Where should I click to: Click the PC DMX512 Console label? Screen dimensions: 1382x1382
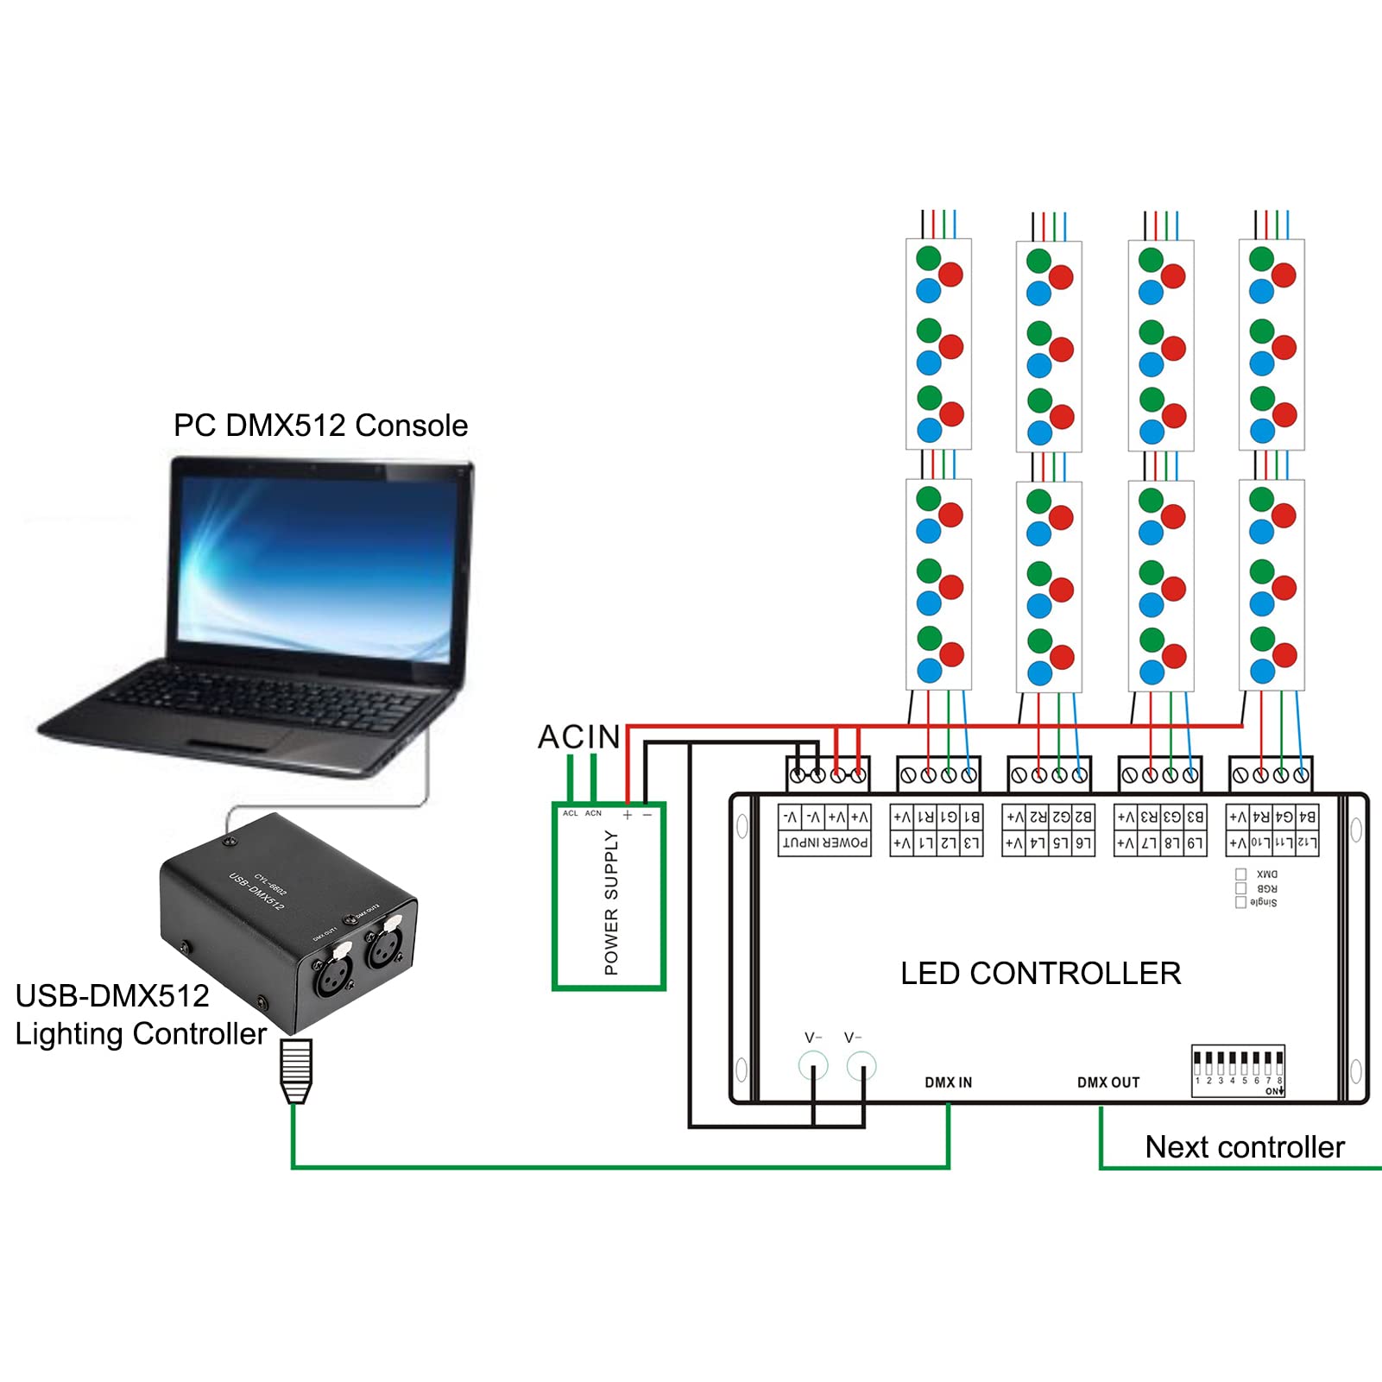pyautogui.click(x=320, y=426)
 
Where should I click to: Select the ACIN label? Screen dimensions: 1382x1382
pyautogui.click(x=578, y=736)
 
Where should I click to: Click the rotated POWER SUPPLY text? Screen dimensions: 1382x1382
pyautogui.click(x=611, y=902)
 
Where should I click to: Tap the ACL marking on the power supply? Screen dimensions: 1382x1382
pyautogui.click(x=570, y=813)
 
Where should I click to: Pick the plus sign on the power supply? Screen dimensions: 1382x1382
pyautogui.click(x=628, y=815)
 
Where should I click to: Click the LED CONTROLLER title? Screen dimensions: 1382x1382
pyautogui.click(x=1040, y=974)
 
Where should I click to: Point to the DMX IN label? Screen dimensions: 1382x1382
pyautogui.click(x=948, y=1082)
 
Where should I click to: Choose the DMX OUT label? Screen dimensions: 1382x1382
pyautogui.click(x=1108, y=1082)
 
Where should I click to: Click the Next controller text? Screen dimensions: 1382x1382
pyautogui.click(x=1244, y=1147)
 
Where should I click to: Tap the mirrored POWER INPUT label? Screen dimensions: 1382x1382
pyautogui.click(x=824, y=842)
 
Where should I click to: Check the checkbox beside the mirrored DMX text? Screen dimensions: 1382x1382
pyautogui.click(x=1240, y=874)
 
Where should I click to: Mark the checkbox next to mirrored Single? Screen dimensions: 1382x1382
pyautogui.click(x=1240, y=902)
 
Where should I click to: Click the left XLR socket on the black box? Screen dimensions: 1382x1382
pyautogui.click(x=333, y=974)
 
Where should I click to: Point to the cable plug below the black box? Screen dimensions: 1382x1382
pyautogui.click(x=295, y=1070)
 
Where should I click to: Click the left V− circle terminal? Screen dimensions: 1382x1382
pyautogui.click(x=813, y=1066)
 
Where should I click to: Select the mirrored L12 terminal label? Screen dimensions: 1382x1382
pyautogui.click(x=1306, y=842)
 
